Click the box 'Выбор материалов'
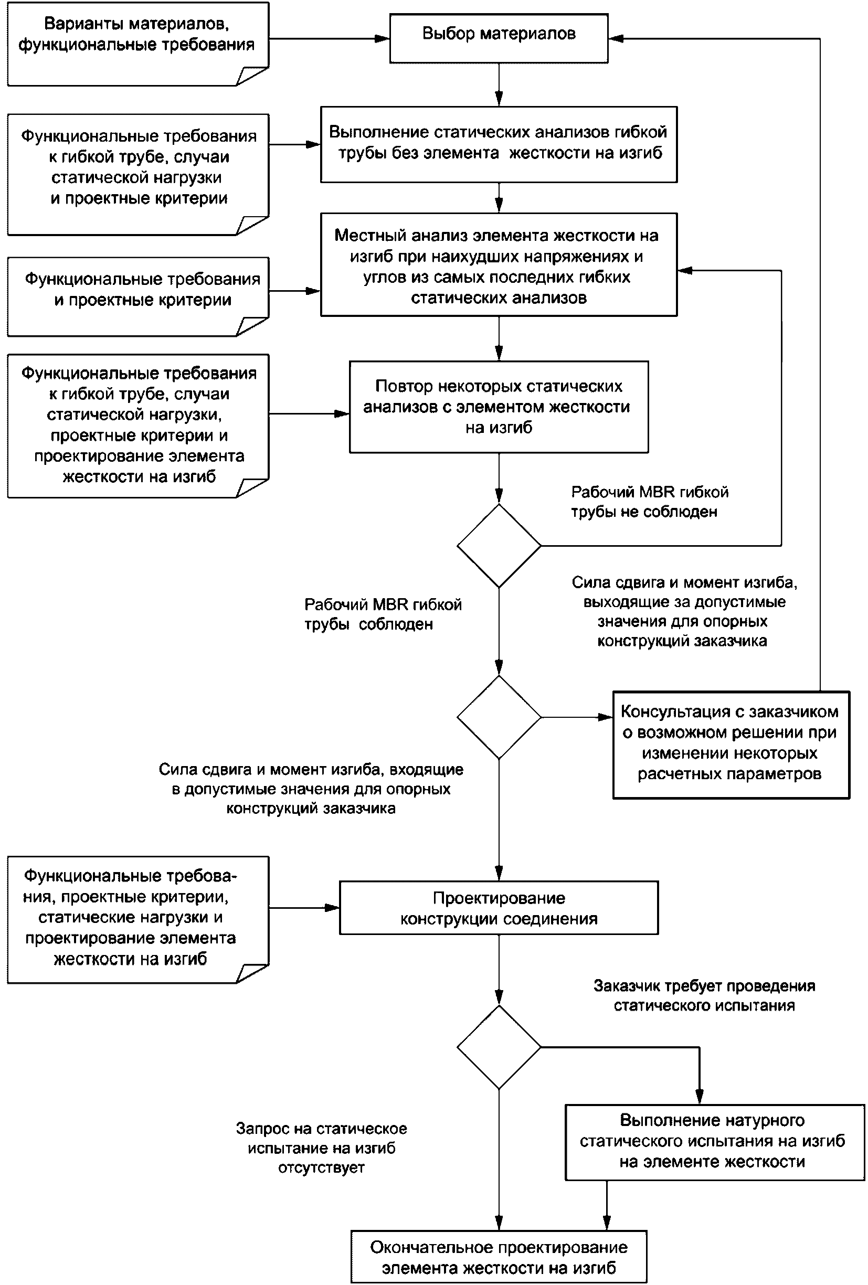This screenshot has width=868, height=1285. tap(499, 38)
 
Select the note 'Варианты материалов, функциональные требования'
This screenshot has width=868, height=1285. tap(137, 44)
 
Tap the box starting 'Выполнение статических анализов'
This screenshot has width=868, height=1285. tap(499, 144)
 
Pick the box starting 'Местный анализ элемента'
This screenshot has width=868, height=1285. tap(499, 265)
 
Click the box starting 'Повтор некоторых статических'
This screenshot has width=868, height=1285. tap(499, 407)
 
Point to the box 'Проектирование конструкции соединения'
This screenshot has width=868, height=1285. tap(499, 908)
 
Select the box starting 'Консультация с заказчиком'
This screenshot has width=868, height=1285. tap(731, 745)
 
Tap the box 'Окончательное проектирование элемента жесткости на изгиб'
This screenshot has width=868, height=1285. tap(499, 1257)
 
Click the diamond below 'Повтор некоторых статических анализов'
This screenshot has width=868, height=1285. tap(499, 546)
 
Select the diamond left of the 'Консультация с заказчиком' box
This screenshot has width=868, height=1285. tap(499, 717)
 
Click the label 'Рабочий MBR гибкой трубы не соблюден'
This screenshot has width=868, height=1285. tap(650, 502)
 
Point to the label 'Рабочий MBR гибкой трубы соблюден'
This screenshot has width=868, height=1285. tap(383, 614)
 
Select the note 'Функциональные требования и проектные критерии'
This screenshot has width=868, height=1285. tap(137, 296)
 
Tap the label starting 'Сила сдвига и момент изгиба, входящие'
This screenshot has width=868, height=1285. tap(311, 789)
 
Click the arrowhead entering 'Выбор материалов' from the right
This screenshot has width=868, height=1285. tap(616, 38)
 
